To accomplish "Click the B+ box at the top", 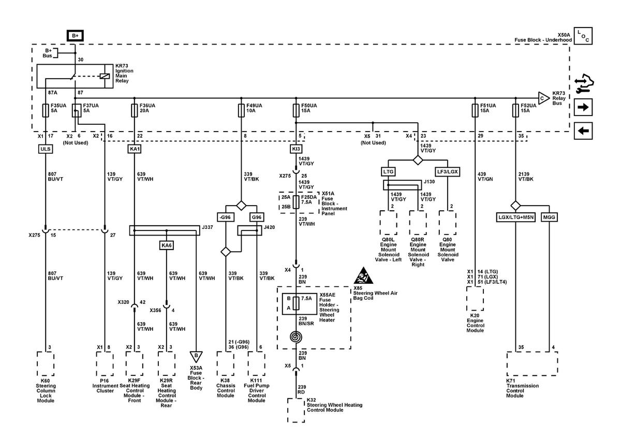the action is tap(75, 36).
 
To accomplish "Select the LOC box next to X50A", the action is tap(583, 36).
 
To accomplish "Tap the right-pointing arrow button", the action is tap(583, 107).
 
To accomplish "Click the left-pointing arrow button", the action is tap(583, 130).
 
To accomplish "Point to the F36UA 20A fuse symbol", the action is tap(135, 110).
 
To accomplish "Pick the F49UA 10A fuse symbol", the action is tap(241, 110).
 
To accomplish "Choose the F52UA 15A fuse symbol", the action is tap(515, 110).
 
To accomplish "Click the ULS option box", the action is tap(46, 149).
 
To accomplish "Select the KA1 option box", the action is tap(135, 149).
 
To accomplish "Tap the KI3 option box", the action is tap(296, 149).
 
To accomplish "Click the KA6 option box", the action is tap(167, 245).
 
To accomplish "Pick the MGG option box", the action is tap(549, 217).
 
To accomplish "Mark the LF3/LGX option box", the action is tap(448, 172).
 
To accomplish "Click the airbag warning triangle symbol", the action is tap(363, 276).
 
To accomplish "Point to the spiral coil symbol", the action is tap(296, 337).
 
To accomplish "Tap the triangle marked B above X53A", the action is tap(196, 356).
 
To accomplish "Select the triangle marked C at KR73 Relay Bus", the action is tap(544, 98).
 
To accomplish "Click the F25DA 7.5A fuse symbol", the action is tap(296, 202).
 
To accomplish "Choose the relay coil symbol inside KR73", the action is tap(105, 76).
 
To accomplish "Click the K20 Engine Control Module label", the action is tap(475, 323).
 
